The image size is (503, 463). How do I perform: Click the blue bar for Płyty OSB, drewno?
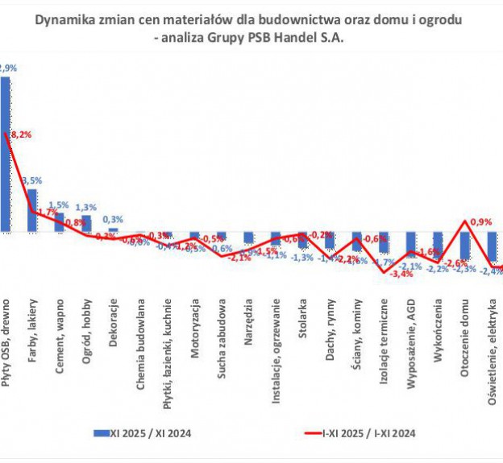coord(5,154)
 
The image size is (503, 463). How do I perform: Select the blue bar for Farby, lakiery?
coord(32,210)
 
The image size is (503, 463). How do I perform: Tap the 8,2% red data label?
coord(21,135)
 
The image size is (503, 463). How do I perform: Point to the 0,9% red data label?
coord(480,221)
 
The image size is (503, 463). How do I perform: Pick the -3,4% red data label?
coord(401,275)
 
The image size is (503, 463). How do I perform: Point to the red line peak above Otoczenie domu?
coord(466,221)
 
